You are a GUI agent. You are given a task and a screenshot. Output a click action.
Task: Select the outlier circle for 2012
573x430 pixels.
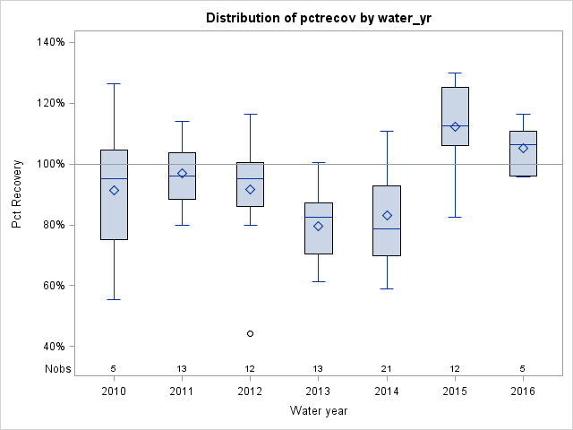pos(250,333)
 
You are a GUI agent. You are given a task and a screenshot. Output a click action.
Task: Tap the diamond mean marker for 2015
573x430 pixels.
pos(455,126)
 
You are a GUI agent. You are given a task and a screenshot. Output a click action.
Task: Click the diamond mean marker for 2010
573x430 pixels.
pos(114,190)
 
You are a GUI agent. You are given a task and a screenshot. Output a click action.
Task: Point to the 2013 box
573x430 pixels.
pos(319,228)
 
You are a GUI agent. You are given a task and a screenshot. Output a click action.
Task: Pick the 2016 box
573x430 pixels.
pos(523,153)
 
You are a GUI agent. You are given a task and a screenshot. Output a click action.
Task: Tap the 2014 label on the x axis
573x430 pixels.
pos(387,391)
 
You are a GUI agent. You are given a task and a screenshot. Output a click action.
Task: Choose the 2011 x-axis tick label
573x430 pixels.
pos(182,391)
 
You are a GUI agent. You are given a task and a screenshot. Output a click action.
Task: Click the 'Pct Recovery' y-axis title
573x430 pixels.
pos(18,194)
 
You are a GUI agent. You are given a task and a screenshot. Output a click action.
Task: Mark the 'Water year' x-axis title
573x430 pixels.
pos(319,411)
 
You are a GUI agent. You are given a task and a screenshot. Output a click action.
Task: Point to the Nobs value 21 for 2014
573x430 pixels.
pos(387,368)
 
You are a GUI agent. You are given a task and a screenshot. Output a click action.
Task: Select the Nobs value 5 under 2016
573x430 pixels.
pos(523,368)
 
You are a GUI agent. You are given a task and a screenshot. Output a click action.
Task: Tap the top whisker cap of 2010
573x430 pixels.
pos(114,83)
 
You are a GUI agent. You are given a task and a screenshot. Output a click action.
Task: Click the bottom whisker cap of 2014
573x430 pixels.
pos(387,288)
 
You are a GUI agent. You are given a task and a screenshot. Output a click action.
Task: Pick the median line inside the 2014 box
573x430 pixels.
pos(387,228)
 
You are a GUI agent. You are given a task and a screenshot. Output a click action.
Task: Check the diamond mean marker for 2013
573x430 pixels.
pos(319,226)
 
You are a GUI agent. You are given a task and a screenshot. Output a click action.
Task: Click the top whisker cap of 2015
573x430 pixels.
pos(455,73)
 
